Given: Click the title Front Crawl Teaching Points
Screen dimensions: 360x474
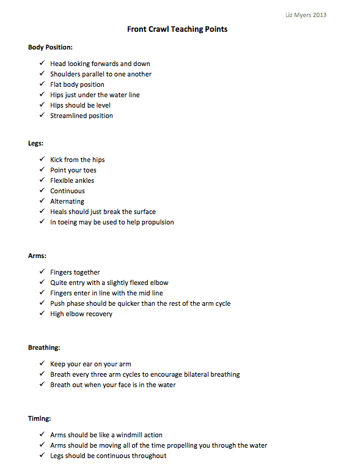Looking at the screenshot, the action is [177, 29].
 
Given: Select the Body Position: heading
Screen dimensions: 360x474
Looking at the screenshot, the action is [51, 47].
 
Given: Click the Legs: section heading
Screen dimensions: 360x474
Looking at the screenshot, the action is [37, 143].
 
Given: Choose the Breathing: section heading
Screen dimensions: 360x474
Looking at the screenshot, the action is [44, 347].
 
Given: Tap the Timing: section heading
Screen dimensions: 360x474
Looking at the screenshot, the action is [40, 419].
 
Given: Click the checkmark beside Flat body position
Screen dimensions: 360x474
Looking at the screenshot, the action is [41, 84].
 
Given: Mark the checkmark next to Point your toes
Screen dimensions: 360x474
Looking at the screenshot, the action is [41, 170].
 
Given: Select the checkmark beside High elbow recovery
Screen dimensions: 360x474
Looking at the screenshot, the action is [41, 314].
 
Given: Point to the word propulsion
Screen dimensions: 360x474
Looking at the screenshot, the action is [157, 222].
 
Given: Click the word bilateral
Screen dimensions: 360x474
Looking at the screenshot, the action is [190, 374].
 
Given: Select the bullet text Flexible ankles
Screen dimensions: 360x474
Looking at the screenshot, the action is [72, 180].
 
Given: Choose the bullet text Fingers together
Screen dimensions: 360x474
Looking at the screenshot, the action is [75, 272].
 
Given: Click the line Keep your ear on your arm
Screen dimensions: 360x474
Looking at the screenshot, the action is [90, 364].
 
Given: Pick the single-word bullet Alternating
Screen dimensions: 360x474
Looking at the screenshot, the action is [67, 201].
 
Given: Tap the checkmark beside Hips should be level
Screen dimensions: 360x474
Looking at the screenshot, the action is [41, 105].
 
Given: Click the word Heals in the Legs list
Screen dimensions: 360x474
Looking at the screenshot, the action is [59, 212].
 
